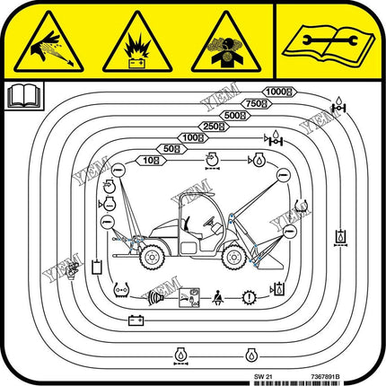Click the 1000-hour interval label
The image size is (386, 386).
tap(279, 92)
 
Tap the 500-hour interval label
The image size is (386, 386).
tap(235, 115)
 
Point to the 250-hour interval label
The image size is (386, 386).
tap(213, 127)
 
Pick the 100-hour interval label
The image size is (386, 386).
tap(191, 137)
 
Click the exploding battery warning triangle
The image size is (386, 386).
tap(136, 45)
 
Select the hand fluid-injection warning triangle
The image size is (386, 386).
tap(49, 45)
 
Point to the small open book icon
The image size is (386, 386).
tap(18, 93)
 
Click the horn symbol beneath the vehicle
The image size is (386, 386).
tap(159, 294)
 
